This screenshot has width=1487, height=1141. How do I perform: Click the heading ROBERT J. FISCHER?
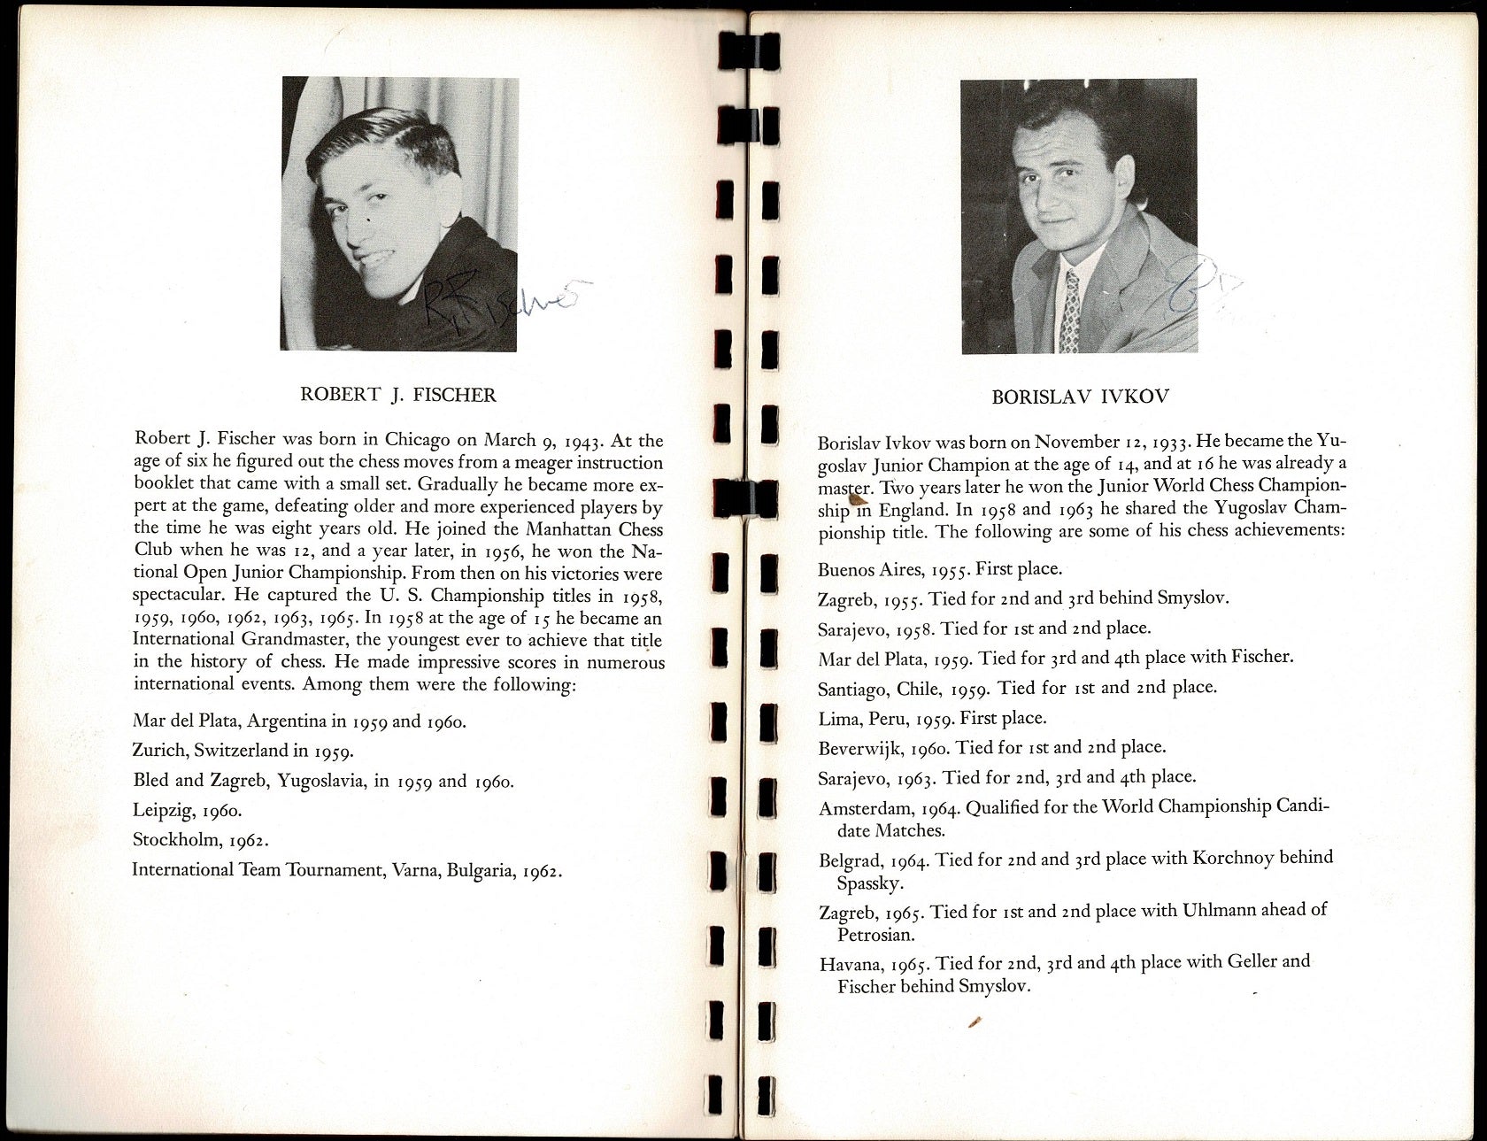click(398, 395)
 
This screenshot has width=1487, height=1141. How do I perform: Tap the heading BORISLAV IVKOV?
click(1080, 397)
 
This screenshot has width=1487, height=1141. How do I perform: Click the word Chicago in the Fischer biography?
click(417, 440)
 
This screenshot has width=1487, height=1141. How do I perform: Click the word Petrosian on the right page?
click(876, 935)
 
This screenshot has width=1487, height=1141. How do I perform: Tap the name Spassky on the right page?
click(869, 883)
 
